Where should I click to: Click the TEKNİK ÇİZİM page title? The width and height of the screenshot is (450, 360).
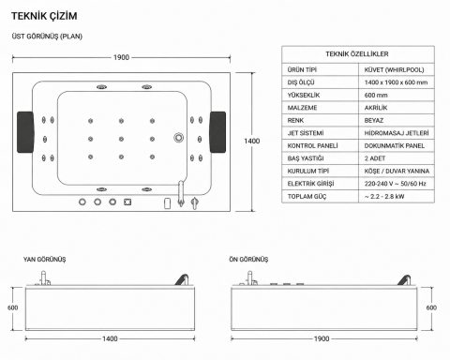[44, 16]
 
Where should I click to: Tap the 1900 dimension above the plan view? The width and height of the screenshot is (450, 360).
[121, 57]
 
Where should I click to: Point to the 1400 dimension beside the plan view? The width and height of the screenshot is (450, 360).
[252, 141]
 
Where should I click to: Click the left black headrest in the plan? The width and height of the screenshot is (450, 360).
[25, 132]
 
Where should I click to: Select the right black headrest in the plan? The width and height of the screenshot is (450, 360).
[217, 132]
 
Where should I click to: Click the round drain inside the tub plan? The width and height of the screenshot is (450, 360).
[179, 138]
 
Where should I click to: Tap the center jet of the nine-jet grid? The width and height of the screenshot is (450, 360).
[121, 139]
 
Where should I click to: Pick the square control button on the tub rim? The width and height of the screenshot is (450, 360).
[127, 202]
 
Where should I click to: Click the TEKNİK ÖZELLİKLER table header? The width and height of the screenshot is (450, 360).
[357, 54]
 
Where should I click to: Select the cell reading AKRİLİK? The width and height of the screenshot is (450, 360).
[376, 108]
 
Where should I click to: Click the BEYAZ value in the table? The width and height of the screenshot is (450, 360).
[374, 120]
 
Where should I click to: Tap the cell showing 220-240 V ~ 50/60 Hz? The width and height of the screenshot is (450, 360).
[395, 184]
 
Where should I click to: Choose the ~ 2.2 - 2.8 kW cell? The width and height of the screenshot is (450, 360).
[384, 196]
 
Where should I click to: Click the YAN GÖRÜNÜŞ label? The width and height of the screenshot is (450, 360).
[45, 260]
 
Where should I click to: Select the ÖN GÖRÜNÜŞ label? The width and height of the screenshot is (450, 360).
[248, 260]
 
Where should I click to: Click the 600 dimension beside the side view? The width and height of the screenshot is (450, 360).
[13, 307]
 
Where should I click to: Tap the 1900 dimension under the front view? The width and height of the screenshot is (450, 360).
[322, 338]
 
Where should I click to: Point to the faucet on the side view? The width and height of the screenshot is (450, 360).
[44, 278]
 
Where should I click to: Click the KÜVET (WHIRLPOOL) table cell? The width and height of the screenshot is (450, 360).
[394, 69]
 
